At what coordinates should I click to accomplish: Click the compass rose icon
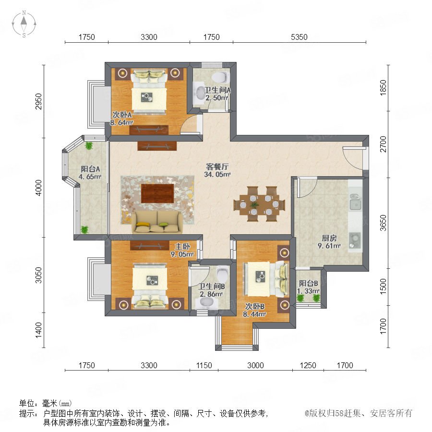point(24,24)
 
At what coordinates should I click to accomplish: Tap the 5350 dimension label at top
point(299,37)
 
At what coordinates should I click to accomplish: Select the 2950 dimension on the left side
point(39,101)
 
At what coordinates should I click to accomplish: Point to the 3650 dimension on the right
point(383,223)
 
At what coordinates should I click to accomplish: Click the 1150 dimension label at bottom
point(204,365)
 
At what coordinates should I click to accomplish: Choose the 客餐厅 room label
point(217,167)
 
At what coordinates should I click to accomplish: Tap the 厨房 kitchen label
point(329,238)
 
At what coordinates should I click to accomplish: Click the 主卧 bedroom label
point(182,246)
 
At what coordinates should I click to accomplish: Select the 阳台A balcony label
point(90,169)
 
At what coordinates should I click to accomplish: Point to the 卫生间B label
point(212,287)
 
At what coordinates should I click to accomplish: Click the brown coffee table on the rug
point(157,193)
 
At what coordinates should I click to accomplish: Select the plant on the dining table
point(254,204)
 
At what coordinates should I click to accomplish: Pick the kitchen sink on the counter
point(355,204)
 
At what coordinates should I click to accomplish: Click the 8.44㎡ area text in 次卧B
point(254,314)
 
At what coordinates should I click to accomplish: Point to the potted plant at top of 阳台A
point(89,145)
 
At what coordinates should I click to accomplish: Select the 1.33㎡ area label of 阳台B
point(308,291)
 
